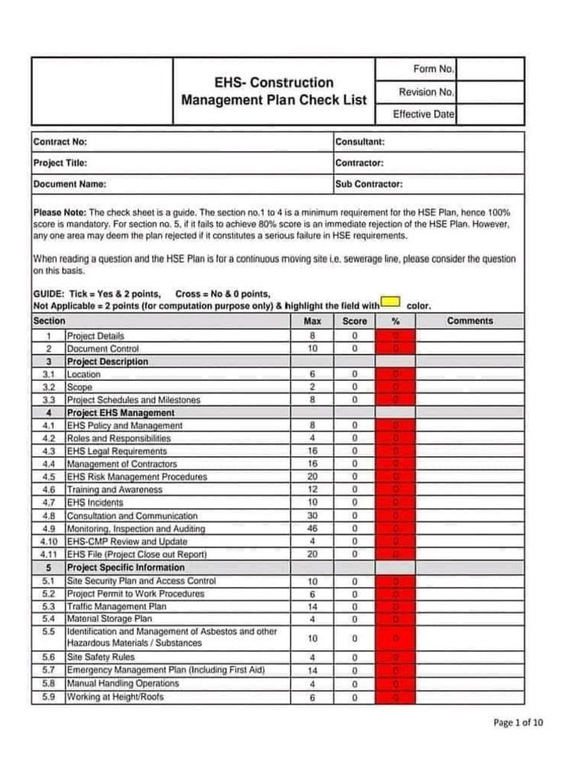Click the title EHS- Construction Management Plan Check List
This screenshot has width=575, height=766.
[x=274, y=91]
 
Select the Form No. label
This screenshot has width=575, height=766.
[x=433, y=69]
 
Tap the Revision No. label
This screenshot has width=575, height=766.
[x=426, y=92]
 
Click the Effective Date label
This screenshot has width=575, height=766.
[x=423, y=114]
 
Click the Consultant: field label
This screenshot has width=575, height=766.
[x=360, y=141]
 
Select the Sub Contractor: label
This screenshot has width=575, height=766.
[x=369, y=184]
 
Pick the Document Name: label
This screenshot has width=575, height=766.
[x=70, y=184]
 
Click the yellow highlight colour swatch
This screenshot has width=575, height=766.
[x=390, y=301]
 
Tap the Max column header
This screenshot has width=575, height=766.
[x=312, y=321]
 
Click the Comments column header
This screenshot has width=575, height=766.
[x=470, y=321]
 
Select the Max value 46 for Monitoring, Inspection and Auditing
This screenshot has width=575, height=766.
[x=312, y=529]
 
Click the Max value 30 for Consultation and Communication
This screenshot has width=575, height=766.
[x=312, y=516]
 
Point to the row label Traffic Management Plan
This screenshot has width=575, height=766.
[x=117, y=607]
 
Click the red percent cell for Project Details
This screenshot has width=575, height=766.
[x=395, y=336]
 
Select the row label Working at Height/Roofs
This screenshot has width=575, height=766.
[x=115, y=697]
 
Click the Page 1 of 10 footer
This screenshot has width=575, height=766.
[x=518, y=723]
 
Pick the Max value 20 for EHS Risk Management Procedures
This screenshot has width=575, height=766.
[x=312, y=477]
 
